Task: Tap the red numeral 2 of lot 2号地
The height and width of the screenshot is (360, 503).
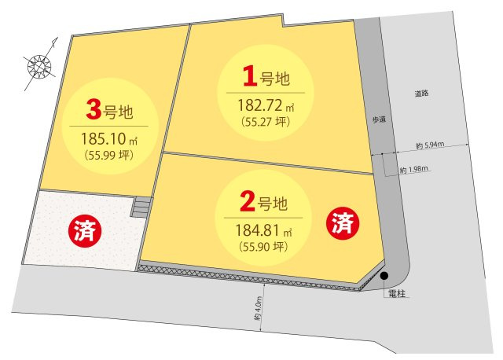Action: point(247,204)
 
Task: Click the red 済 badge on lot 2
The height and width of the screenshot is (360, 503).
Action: point(343,223)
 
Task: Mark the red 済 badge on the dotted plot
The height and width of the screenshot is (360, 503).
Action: point(82,231)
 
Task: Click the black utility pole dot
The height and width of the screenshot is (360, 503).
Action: point(384,275)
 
